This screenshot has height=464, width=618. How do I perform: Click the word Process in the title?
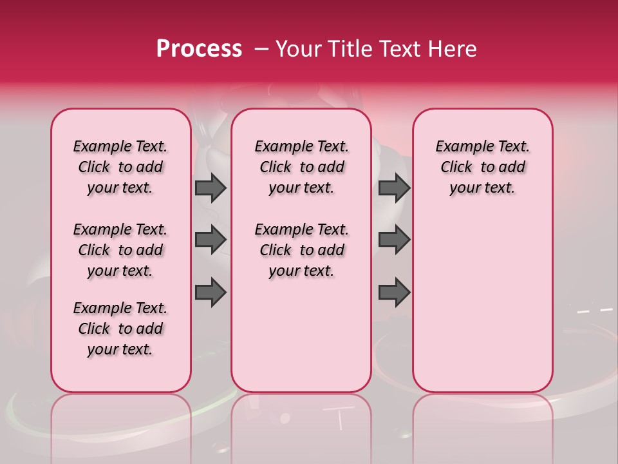(x=198, y=49)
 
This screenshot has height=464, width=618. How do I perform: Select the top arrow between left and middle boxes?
(x=211, y=188)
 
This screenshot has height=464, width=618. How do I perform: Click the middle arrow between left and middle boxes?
(x=211, y=240)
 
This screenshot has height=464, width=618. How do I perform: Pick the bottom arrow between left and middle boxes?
(x=211, y=293)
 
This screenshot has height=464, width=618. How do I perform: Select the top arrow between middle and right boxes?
(x=394, y=188)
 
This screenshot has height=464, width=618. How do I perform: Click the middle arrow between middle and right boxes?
(x=394, y=240)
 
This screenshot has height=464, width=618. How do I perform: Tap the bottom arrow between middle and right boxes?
(x=394, y=293)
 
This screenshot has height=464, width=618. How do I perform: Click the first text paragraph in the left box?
(x=120, y=167)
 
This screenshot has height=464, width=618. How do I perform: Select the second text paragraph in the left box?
(x=120, y=250)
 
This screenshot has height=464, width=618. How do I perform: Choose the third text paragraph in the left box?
(x=120, y=329)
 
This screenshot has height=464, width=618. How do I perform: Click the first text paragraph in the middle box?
(x=302, y=167)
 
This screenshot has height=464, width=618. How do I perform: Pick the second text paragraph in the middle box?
(x=302, y=250)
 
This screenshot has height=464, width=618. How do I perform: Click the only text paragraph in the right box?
(x=483, y=167)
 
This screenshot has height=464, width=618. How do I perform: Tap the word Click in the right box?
(x=456, y=168)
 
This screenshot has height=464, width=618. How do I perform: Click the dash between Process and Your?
(x=261, y=49)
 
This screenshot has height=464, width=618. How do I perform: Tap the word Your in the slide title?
(x=298, y=49)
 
